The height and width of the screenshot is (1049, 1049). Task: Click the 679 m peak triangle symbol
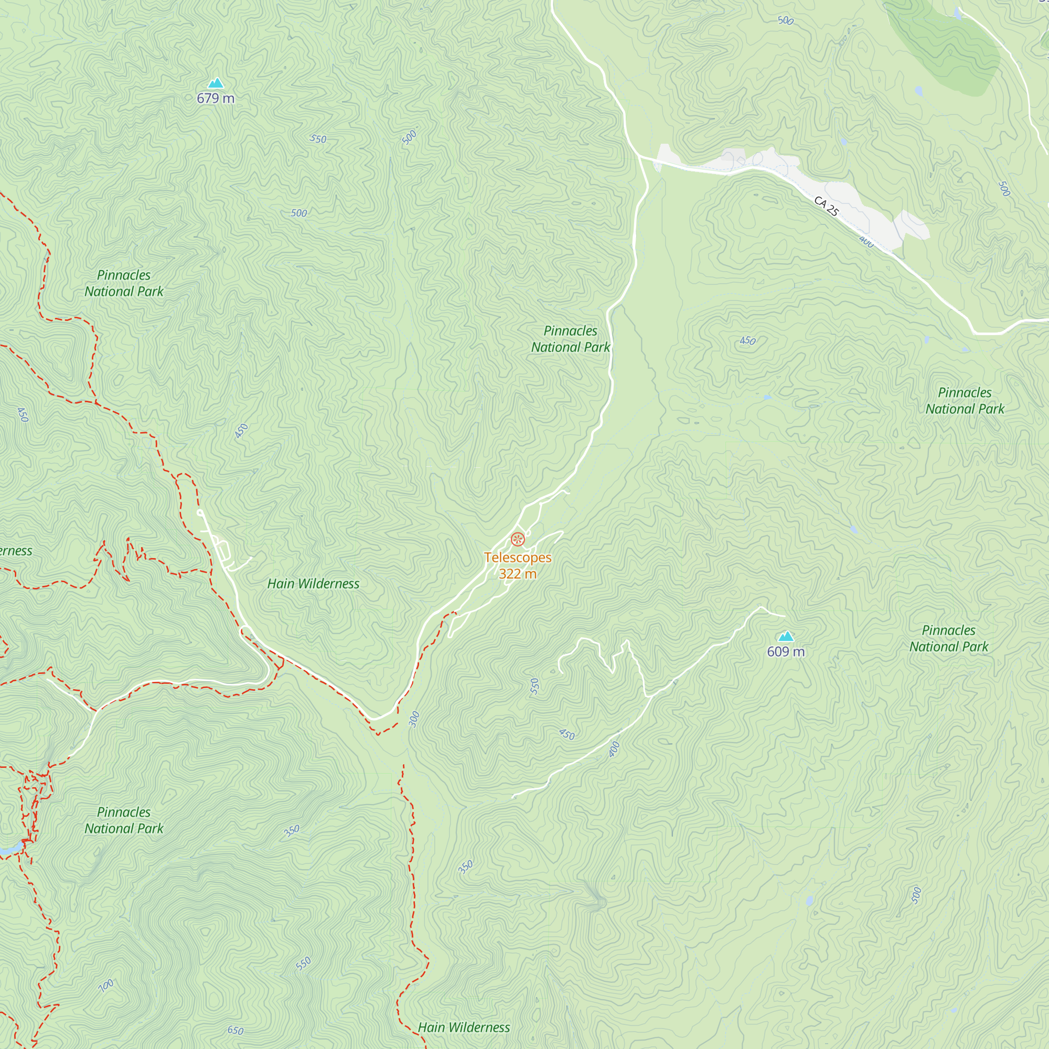tap(216, 83)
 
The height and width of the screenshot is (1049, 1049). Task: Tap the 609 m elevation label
tap(786, 651)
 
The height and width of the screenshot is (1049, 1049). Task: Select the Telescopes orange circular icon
tap(518, 539)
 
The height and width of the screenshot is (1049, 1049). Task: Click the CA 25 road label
tap(826, 206)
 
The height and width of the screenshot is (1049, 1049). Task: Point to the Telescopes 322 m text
tap(518, 566)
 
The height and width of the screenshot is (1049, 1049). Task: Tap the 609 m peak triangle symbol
tap(786, 636)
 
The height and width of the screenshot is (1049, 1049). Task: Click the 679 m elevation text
tap(216, 98)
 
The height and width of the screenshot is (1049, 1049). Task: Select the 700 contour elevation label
tap(106, 986)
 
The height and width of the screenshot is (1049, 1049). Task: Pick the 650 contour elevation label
tap(235, 1030)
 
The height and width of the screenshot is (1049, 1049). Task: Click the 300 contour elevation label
tap(414, 720)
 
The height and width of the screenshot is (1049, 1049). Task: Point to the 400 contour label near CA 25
tap(866, 242)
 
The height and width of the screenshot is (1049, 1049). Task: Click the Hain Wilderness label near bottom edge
tap(464, 1027)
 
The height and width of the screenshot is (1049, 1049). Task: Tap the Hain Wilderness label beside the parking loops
tap(313, 584)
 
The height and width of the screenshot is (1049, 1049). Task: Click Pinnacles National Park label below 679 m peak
tap(124, 283)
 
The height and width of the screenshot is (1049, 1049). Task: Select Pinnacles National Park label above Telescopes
tap(570, 339)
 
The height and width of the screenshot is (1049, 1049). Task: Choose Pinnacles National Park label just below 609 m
tap(948, 638)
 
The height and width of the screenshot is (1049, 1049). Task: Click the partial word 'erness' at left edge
tap(16, 551)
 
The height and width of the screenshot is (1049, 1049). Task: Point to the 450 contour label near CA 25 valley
tap(747, 341)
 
